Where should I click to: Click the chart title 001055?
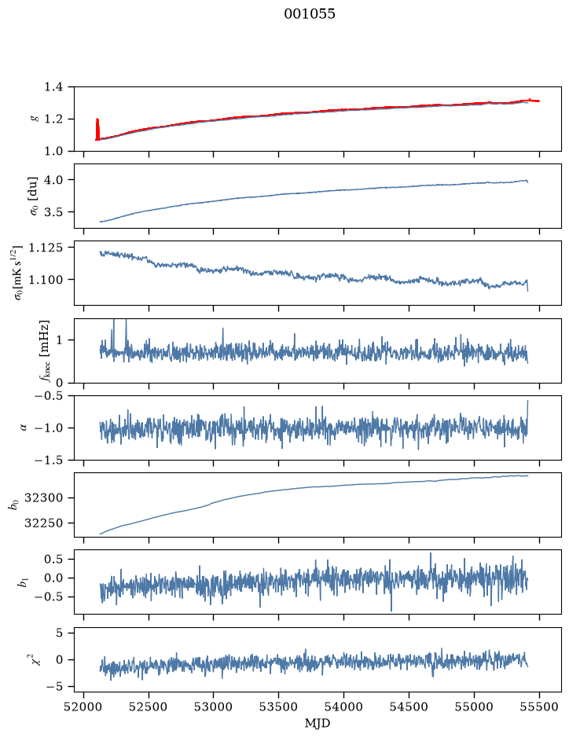point(309,14)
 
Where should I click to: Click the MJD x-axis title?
point(318,723)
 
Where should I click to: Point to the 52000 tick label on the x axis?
point(84,707)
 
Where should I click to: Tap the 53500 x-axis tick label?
point(279,707)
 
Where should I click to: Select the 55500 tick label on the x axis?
point(539,707)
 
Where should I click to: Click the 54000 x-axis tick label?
point(343,707)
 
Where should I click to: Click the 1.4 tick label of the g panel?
point(53,87)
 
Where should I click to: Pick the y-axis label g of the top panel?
point(34,119)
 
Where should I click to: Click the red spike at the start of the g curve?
point(97,129)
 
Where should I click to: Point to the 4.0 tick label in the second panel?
point(53,180)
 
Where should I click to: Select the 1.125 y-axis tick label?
point(46,248)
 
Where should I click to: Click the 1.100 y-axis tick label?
point(46,280)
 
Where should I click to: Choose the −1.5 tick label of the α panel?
point(49,460)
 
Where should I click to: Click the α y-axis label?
point(24,428)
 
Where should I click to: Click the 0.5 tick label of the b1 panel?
point(53,559)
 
